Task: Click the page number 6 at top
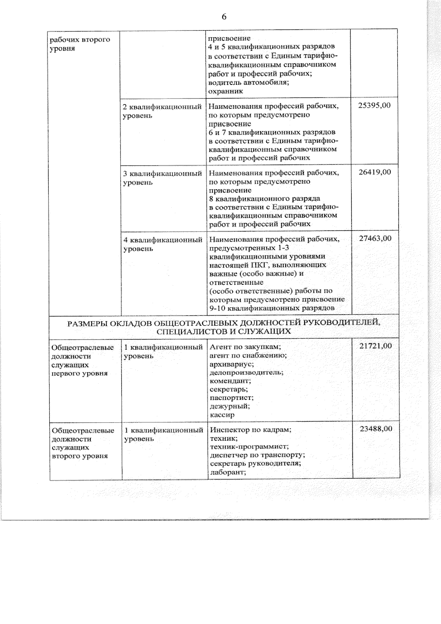(x=224, y=17)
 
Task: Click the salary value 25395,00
(x=374, y=105)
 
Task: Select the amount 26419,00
(x=375, y=172)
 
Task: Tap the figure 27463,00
(x=375, y=239)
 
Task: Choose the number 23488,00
(x=376, y=429)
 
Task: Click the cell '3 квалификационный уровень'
(x=162, y=177)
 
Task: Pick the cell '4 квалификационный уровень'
(x=163, y=244)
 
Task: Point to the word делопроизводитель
(x=247, y=372)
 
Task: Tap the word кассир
(x=222, y=415)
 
